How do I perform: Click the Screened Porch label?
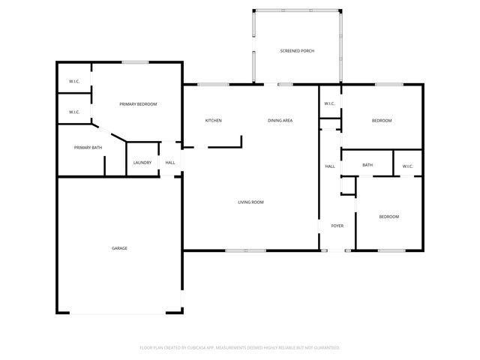297,51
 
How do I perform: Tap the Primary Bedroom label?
138,104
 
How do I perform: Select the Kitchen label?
214,121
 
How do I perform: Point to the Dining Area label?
280,121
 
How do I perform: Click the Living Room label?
250,202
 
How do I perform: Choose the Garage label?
119,247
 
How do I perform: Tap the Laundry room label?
142,163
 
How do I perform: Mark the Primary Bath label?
88,148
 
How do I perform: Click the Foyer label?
337,225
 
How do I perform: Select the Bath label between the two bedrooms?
367,166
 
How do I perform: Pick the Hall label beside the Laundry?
170,163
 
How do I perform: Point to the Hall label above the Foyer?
330,166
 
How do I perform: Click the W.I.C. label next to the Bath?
407,166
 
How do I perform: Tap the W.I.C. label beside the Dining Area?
329,103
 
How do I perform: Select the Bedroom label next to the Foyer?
388,217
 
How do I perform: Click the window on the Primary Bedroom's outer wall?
134,62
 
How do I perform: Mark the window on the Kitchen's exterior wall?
213,84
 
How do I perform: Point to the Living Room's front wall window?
245,250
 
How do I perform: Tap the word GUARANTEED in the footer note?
324,348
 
